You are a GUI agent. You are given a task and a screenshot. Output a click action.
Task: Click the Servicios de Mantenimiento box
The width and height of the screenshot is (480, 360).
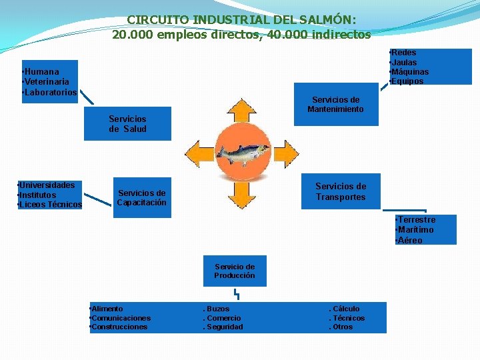(335, 105)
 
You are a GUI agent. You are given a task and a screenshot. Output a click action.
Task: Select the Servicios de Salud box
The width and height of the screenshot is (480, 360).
(127, 124)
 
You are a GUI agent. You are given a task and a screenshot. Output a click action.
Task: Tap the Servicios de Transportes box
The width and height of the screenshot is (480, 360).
(341, 192)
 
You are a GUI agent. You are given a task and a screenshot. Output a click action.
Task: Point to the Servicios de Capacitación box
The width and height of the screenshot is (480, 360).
(141, 198)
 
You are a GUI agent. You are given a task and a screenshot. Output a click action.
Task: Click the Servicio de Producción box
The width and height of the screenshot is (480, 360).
(234, 271)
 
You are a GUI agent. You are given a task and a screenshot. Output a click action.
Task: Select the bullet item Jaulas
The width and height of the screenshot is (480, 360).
(405, 62)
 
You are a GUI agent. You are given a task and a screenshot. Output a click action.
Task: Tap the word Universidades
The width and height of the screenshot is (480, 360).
(47, 185)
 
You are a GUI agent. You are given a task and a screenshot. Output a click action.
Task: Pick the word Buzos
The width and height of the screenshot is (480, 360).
(217, 309)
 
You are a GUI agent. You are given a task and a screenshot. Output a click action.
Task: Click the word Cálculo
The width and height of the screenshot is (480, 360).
(345, 309)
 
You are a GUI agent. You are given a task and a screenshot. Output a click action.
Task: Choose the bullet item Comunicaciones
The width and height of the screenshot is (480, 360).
(121, 318)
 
